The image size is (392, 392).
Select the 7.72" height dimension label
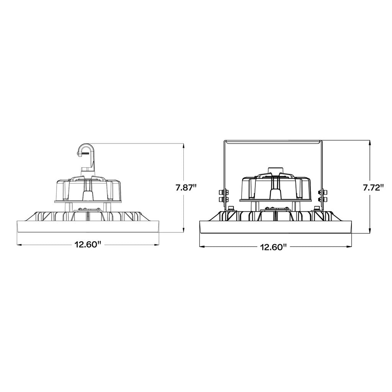[x=373, y=188]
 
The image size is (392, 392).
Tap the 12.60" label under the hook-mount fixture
[x=87, y=244]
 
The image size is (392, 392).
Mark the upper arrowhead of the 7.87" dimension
[x=184, y=146]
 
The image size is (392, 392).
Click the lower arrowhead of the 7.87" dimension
[x=184, y=230]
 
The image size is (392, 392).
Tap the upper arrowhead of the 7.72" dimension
[x=370, y=143]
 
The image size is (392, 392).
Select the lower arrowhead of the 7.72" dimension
[x=370, y=231]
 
